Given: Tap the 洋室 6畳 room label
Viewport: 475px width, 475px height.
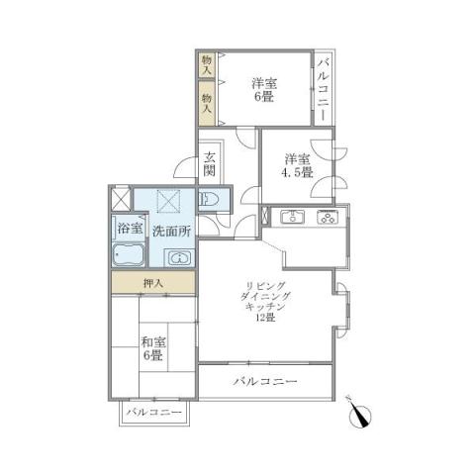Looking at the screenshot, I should [x=263, y=90].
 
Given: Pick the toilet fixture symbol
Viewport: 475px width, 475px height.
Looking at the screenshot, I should [x=211, y=200].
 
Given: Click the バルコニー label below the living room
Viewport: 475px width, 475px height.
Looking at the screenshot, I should [x=266, y=381].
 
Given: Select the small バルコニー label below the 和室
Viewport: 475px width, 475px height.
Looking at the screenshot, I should [x=153, y=412].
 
